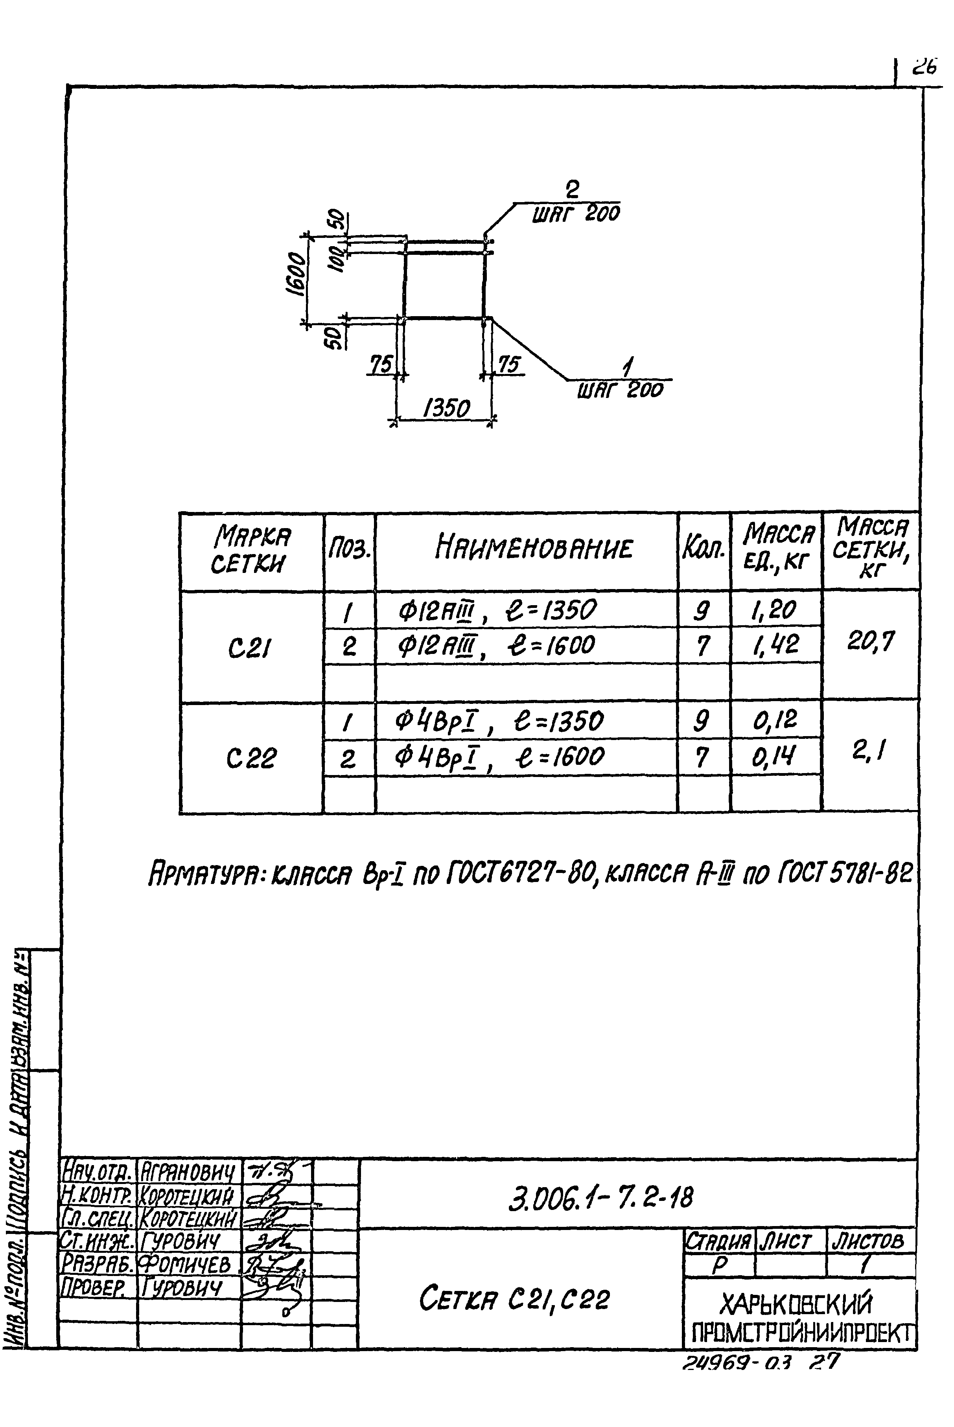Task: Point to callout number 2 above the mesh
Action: click(572, 190)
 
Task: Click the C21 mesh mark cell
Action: click(250, 650)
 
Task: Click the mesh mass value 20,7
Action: click(871, 641)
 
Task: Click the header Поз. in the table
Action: click(349, 551)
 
